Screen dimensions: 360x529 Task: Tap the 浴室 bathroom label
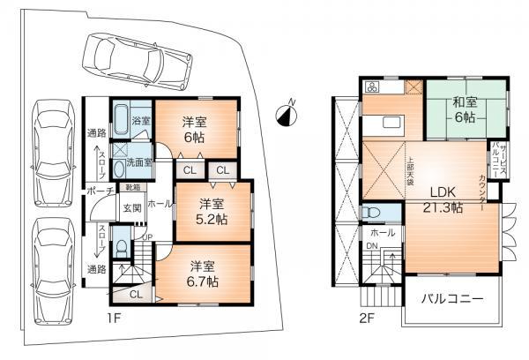pos(141,120)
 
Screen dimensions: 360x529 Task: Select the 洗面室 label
pos(138,162)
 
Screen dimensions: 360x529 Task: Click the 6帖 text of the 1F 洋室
pos(196,139)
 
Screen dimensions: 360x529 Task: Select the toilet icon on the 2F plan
pos(372,214)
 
